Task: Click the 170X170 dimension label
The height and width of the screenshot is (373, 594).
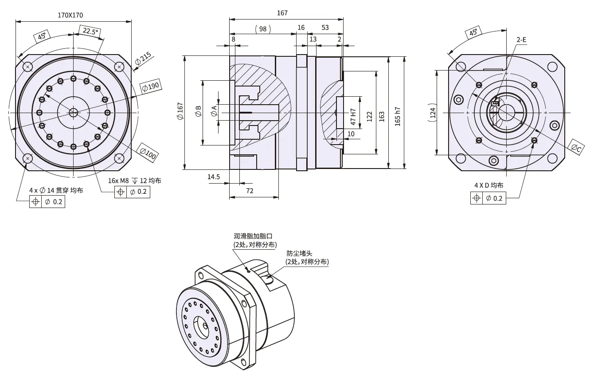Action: (x=70, y=15)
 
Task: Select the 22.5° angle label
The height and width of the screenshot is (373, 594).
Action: (x=89, y=31)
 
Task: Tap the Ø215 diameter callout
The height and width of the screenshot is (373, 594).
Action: (x=143, y=59)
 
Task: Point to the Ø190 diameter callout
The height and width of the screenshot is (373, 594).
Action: (x=151, y=87)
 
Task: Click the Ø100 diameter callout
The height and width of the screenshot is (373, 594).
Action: (x=148, y=152)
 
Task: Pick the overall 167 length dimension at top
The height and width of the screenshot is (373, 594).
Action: (x=282, y=13)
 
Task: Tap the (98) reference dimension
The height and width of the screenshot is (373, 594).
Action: (x=263, y=28)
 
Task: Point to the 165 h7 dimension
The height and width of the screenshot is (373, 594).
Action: (x=398, y=116)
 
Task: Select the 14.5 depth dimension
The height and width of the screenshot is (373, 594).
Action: (x=214, y=177)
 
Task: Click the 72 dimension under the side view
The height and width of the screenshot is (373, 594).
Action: (x=250, y=191)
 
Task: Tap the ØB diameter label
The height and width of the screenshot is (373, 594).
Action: (x=198, y=111)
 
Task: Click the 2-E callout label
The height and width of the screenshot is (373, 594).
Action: (x=521, y=40)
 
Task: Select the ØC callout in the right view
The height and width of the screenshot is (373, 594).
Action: (x=575, y=149)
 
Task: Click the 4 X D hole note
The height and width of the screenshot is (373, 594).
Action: (x=489, y=185)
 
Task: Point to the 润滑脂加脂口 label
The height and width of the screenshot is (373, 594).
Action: (x=251, y=236)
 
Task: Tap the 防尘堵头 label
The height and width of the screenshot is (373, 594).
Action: (x=299, y=253)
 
